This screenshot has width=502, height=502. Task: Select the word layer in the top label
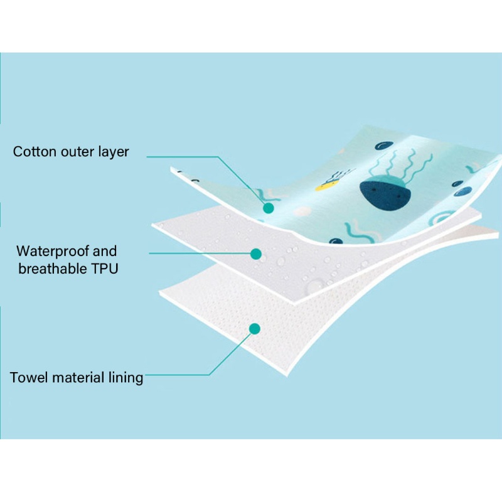pyautogui.click(x=114, y=152)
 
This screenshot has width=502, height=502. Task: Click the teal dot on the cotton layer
pyautogui.click(x=269, y=208)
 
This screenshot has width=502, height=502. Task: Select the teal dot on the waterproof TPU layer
pyautogui.click(x=255, y=254)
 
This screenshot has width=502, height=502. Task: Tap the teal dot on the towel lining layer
pyautogui.click(x=255, y=328)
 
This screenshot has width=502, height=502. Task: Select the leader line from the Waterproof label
pyautogui.click(x=201, y=254)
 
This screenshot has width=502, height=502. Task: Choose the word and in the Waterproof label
pyautogui.click(x=105, y=252)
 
